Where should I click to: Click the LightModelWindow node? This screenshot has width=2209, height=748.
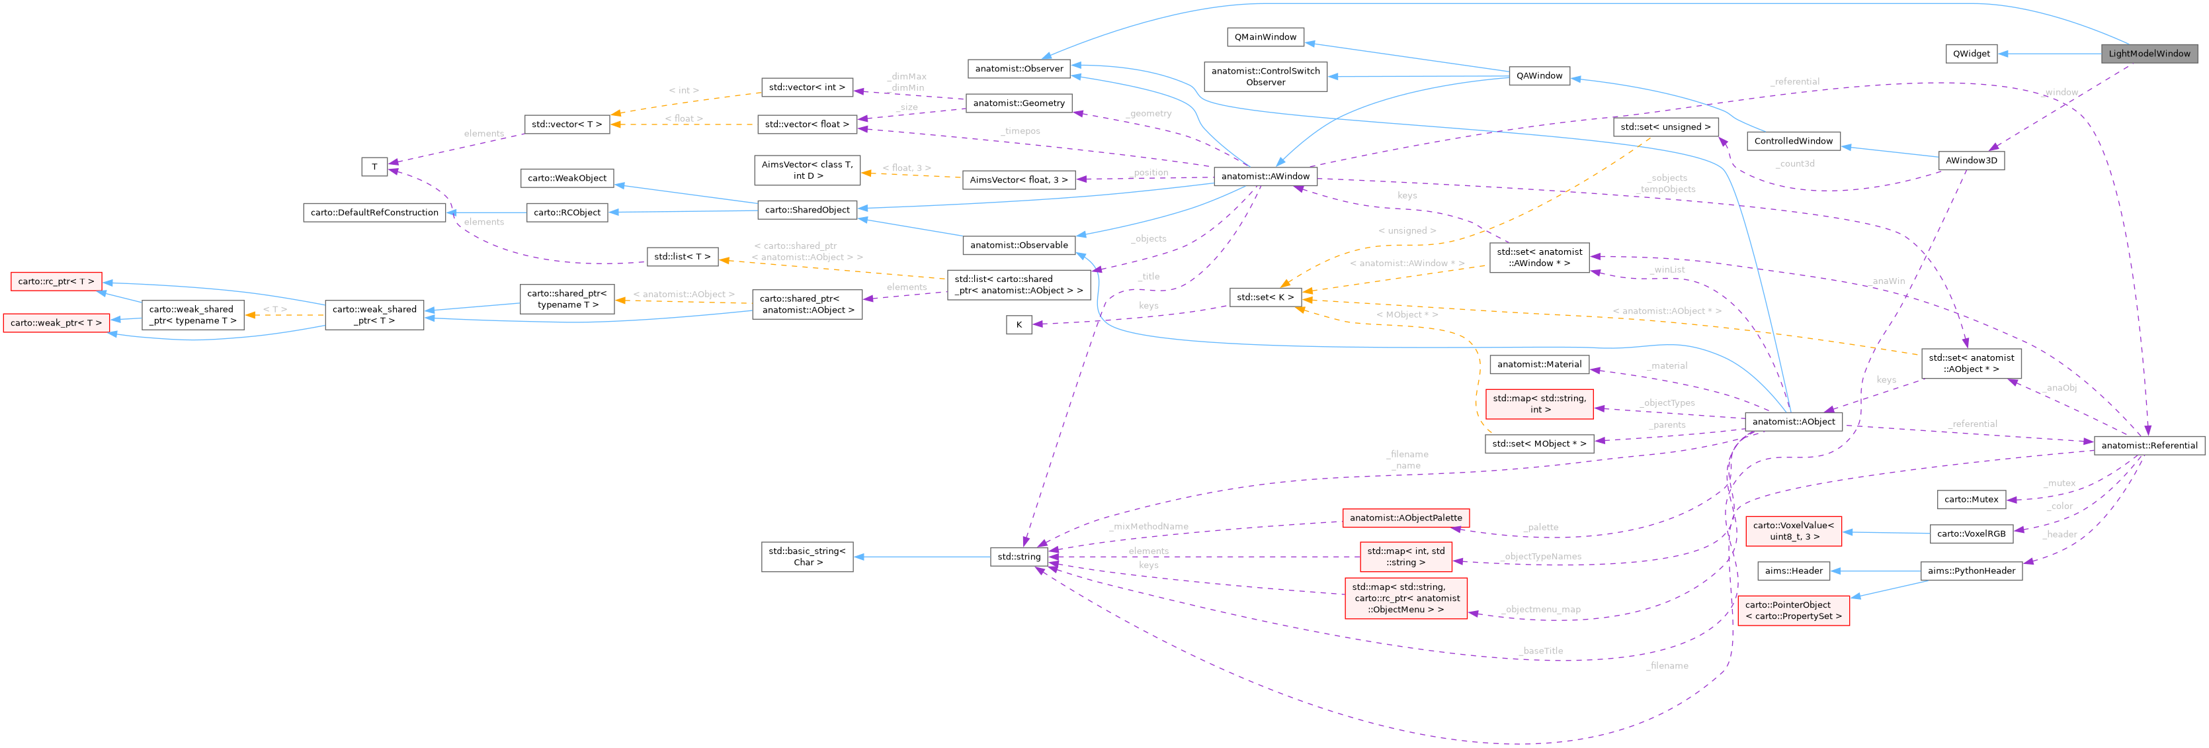[x=2148, y=53]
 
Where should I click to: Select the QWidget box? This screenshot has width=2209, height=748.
[x=1971, y=53]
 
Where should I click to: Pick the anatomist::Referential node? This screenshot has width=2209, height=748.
[x=2148, y=445]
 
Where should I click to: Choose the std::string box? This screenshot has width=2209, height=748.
[x=1018, y=557]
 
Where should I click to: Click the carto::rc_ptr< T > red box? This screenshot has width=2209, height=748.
[x=56, y=281]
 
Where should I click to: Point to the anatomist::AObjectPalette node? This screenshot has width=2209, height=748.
[x=1405, y=518]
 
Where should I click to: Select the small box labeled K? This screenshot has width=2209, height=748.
[x=1018, y=324]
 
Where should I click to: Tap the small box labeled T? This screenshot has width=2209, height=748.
[x=374, y=166]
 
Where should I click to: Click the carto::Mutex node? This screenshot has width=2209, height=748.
[x=1971, y=499]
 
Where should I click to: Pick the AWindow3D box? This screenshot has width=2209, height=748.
[x=1971, y=160]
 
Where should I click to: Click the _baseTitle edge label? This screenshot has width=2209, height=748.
[x=1541, y=651]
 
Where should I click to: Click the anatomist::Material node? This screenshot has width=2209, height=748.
[x=1538, y=365]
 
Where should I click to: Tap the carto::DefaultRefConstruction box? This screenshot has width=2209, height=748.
[x=374, y=212]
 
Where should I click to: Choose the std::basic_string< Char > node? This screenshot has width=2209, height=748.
[x=806, y=557]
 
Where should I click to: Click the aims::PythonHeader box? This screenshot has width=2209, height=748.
[x=1971, y=571]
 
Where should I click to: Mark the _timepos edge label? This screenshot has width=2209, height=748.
[x=1021, y=131]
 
